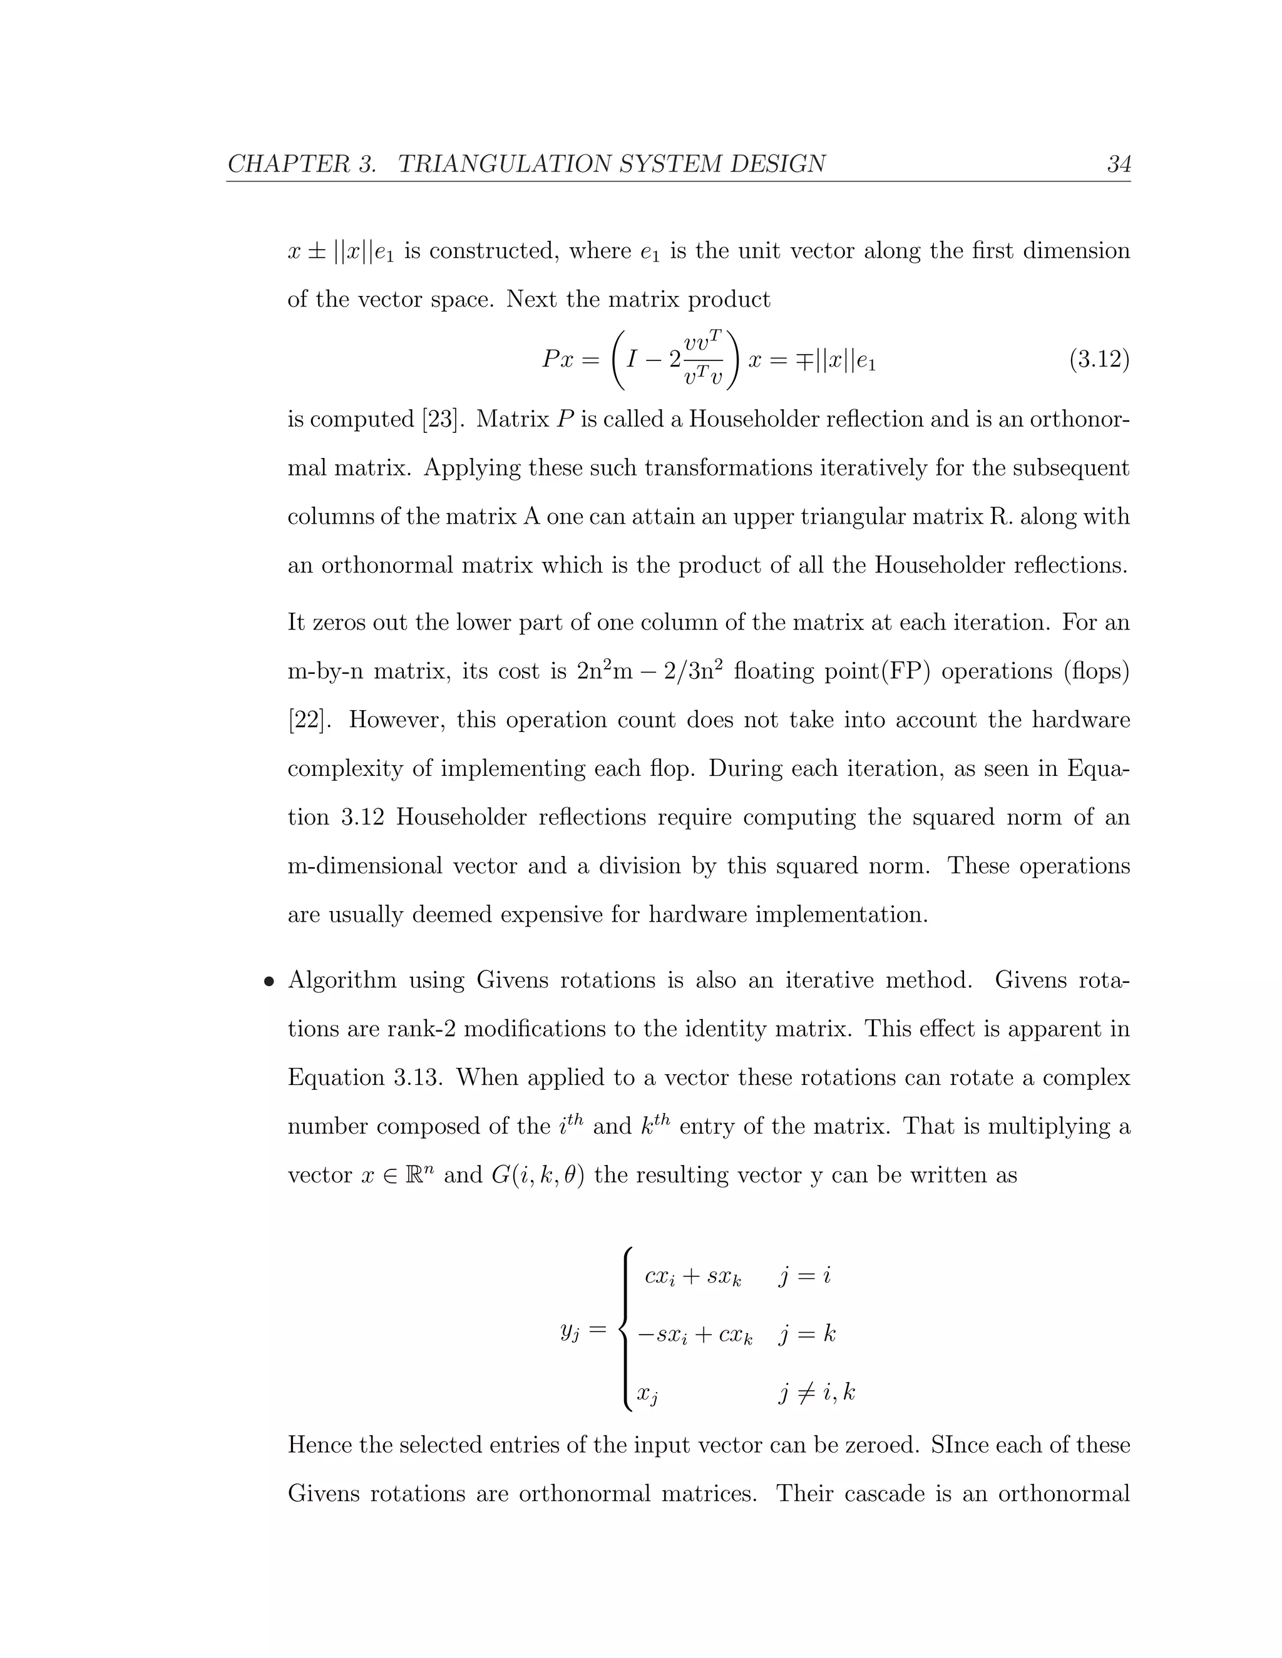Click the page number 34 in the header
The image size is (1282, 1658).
(1118, 164)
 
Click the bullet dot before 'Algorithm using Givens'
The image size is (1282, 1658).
(267, 982)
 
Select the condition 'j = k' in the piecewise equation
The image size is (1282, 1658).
(806, 1334)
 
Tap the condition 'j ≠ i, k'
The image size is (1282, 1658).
(817, 1392)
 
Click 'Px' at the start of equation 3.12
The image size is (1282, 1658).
(558, 359)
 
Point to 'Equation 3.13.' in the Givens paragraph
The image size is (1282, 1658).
(364, 1078)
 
